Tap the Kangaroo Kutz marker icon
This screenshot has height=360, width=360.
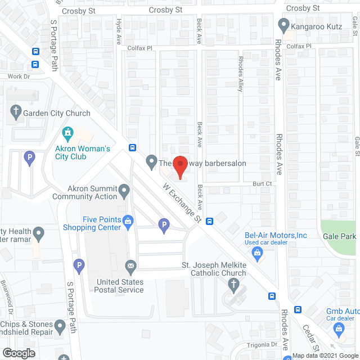coord(284,26)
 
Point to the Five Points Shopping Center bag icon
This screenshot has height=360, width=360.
coord(128,220)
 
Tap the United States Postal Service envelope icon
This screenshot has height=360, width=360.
coord(130,265)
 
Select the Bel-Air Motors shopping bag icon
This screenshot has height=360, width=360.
coord(258,253)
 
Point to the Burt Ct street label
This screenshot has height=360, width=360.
coord(262,183)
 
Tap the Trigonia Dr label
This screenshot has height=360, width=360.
coord(262,344)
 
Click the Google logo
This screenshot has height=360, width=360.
coord(19,353)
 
